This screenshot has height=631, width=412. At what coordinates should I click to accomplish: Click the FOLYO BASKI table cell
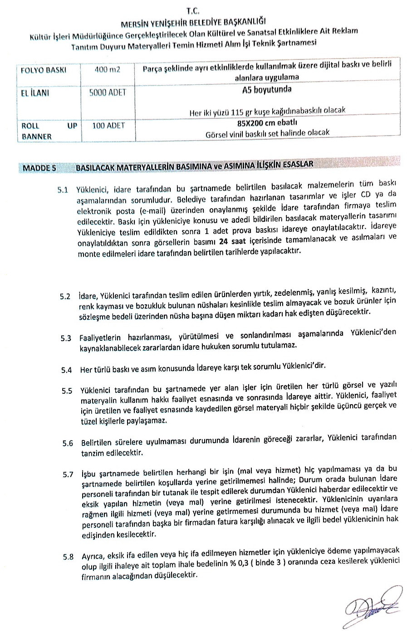44,70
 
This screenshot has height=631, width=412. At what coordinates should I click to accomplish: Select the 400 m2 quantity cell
108,69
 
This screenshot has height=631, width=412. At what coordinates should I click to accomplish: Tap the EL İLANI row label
35,93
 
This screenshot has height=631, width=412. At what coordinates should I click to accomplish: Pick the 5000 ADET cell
108,93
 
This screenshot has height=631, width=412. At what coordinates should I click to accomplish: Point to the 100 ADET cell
108,125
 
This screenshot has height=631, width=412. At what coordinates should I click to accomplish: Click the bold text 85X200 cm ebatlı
267,122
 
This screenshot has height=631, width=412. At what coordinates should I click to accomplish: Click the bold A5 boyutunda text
267,89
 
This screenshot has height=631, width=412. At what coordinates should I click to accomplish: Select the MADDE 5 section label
39,168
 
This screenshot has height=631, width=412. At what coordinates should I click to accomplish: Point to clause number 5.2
65,297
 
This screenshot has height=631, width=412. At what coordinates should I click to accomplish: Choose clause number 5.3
66,338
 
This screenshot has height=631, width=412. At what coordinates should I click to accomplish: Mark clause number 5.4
66,370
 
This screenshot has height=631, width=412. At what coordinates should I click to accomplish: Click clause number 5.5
67,391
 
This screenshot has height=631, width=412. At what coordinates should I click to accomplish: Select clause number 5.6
68,443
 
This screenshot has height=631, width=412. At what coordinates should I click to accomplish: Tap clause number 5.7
68,474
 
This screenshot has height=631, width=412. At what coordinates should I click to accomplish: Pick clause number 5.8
68,557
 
